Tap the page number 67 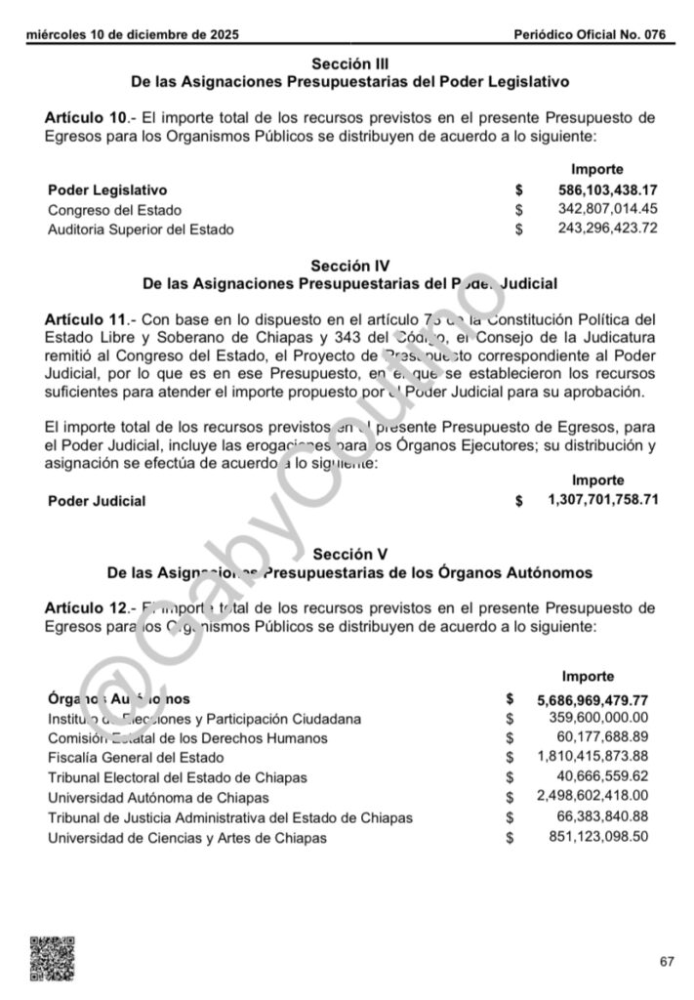pyautogui.click(x=667, y=962)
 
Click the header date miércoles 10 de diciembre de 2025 pyautogui.click(x=133, y=35)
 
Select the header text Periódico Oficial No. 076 pyautogui.click(x=591, y=35)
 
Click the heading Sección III pyautogui.click(x=350, y=63)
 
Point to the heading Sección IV pyautogui.click(x=350, y=266)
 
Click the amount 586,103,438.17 pyautogui.click(x=608, y=189)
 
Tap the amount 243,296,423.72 pyautogui.click(x=608, y=229)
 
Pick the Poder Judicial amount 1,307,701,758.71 pyautogui.click(x=603, y=499)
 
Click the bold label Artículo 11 pyautogui.click(x=86, y=319)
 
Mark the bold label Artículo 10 pyautogui.click(x=86, y=117)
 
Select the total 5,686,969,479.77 pyautogui.click(x=592, y=699)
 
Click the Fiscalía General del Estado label pyautogui.click(x=136, y=758)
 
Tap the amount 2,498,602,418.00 pyautogui.click(x=592, y=797)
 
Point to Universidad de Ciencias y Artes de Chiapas pyautogui.click(x=187, y=838)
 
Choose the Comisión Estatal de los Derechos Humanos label pyautogui.click(x=187, y=738)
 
